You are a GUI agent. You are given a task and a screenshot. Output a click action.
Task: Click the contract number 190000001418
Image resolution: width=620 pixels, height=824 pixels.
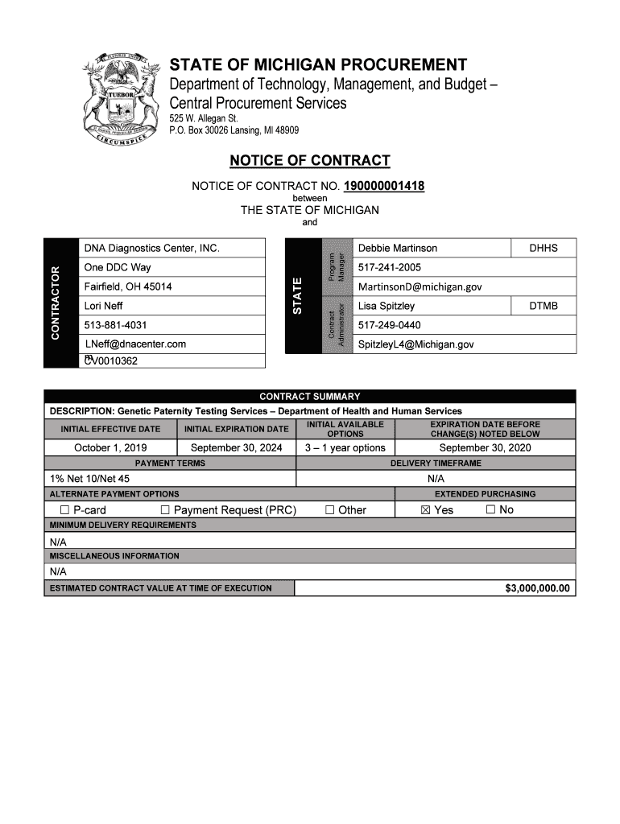384,187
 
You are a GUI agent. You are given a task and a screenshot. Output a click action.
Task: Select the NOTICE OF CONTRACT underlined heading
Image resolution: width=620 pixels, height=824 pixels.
310,161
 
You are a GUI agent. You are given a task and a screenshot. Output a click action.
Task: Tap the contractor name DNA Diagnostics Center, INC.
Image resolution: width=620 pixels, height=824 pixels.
151,249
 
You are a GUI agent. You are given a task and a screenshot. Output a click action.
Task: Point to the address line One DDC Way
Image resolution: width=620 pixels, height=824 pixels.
118,267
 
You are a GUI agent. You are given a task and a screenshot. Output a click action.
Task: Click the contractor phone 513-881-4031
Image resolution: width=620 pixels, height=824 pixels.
115,325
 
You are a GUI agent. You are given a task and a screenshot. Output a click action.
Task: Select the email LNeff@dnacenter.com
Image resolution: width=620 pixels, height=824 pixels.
135,344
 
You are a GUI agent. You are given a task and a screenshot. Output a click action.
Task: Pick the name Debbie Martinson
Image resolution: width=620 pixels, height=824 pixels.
398,248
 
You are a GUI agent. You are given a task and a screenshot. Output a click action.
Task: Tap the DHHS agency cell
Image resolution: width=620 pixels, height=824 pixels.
543,248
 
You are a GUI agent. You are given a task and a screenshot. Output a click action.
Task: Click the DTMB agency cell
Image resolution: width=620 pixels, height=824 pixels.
543,306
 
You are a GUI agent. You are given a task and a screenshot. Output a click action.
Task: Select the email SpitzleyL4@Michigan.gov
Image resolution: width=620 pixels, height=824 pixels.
415,344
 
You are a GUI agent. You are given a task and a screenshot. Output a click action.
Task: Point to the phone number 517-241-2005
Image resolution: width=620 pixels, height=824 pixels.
389,267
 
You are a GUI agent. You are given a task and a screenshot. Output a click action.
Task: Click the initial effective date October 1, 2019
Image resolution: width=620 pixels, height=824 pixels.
110,447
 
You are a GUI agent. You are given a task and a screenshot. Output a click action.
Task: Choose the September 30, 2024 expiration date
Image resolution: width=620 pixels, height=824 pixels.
236,447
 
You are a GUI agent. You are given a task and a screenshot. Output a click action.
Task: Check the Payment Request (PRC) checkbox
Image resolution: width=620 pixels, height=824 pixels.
165,510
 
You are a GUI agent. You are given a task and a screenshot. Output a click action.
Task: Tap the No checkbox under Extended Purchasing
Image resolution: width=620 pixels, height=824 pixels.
490,510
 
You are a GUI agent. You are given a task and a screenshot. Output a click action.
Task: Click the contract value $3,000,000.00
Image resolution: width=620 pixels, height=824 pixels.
537,588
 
